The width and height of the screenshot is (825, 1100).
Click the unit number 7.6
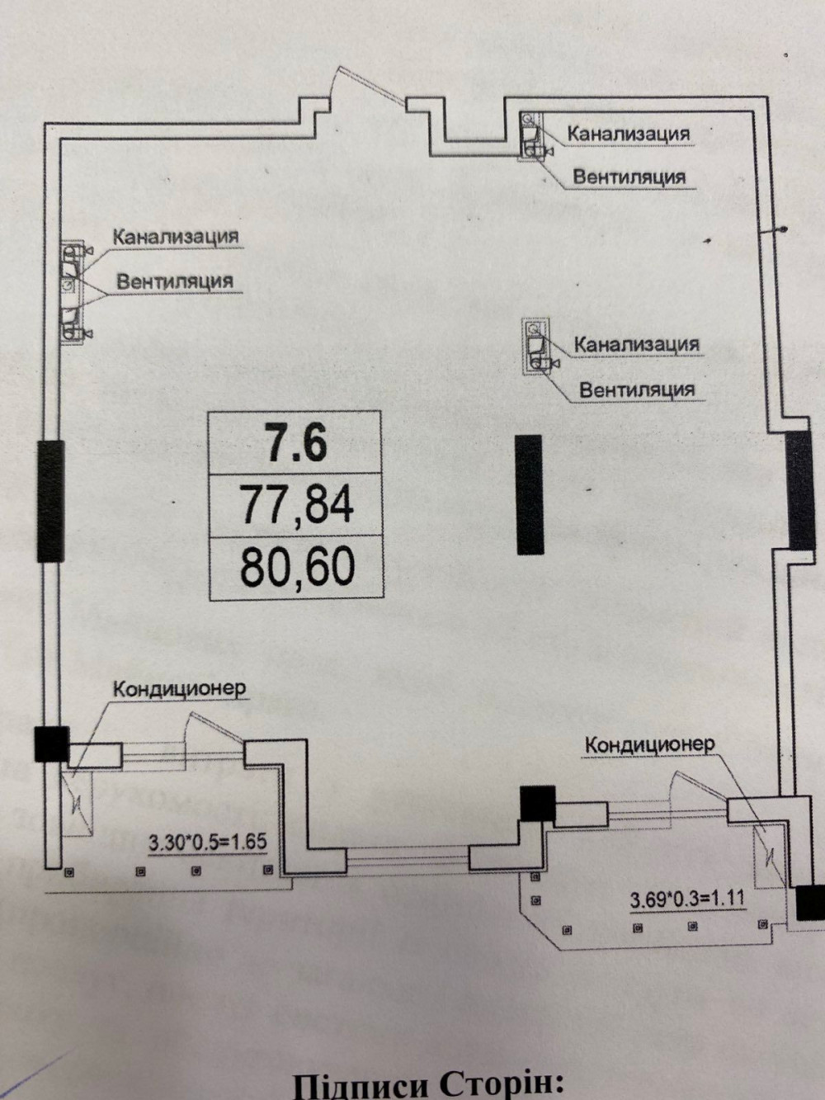click(295, 442)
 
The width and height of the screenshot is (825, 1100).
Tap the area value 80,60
click(297, 567)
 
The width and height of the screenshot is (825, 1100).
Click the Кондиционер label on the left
click(179, 689)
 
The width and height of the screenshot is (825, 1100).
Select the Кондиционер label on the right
click(649, 744)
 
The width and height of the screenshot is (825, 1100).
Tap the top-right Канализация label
click(629, 133)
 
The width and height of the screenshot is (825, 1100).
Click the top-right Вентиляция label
click(629, 177)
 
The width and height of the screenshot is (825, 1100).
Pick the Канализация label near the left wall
click(176, 237)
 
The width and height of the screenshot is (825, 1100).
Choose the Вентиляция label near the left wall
click(175, 281)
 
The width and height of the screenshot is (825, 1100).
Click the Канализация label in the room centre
click(636, 343)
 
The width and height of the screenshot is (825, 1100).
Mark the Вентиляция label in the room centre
click(637, 389)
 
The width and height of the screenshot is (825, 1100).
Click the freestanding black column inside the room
click(529, 493)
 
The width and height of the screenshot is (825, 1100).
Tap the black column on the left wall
click(50, 502)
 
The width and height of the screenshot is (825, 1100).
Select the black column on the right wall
click(799, 489)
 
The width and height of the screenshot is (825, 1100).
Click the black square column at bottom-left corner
click(50, 743)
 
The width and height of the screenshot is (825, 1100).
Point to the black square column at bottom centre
click(537, 804)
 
